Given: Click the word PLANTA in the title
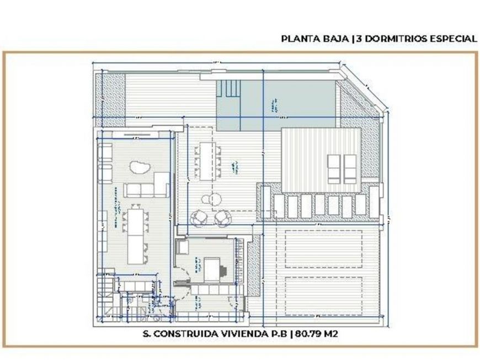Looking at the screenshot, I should coord(298,39).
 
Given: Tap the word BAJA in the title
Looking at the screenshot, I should coord(333,39).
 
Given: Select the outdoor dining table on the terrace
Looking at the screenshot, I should coord(208,161).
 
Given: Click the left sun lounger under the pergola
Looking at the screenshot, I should coord(334,169).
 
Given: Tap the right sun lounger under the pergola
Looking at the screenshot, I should coord(350,169).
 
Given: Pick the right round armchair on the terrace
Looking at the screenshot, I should coord(222,219).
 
